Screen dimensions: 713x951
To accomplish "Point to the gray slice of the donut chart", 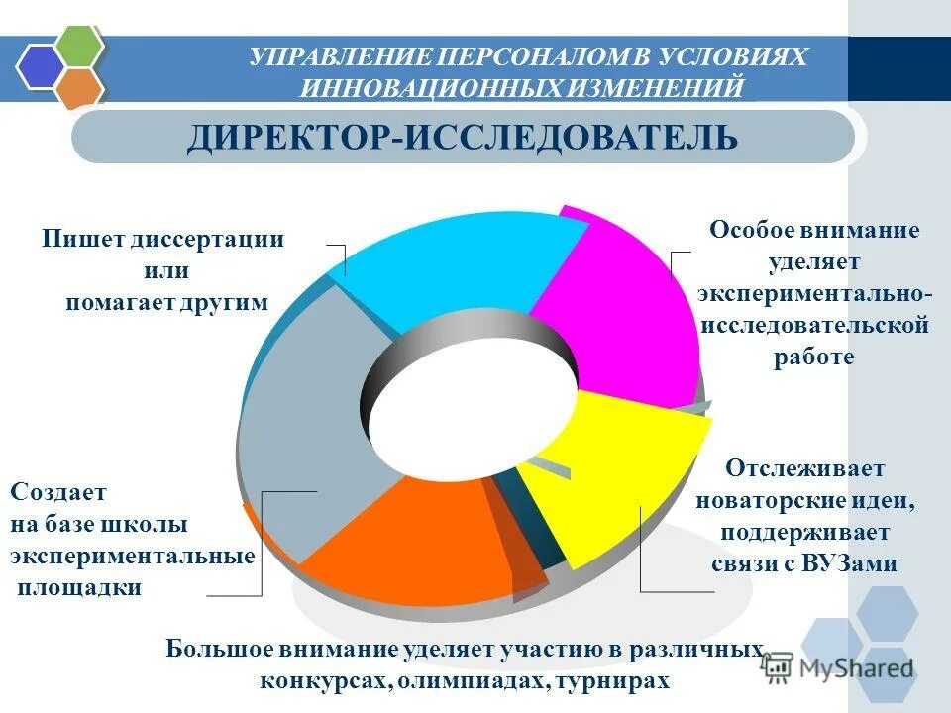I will click(297, 416).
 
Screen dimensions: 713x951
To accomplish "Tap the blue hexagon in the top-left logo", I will click(40, 67).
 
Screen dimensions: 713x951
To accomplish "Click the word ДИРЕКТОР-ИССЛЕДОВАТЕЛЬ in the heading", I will click(462, 138).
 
